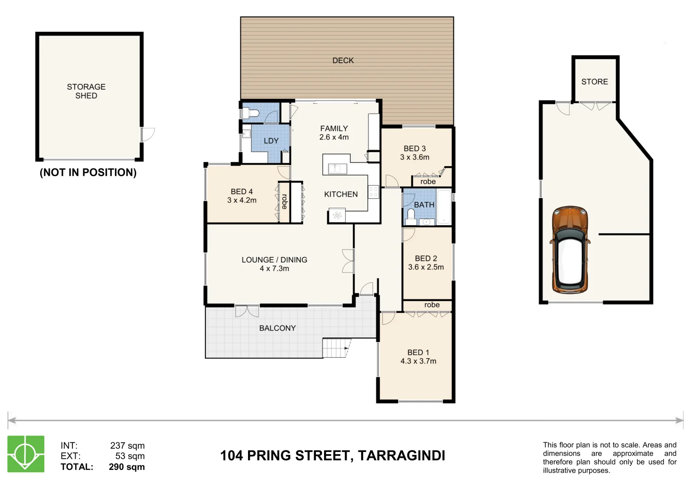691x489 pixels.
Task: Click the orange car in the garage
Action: pyautogui.click(x=570, y=249)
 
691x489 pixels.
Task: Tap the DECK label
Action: pyautogui.click(x=343, y=61)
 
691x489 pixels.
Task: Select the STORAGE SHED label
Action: pyautogui.click(x=86, y=91)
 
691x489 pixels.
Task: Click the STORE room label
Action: pyautogui.click(x=594, y=82)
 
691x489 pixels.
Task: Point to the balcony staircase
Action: pyautogui.click(x=336, y=348)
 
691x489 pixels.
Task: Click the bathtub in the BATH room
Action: pyautogui.click(x=444, y=207)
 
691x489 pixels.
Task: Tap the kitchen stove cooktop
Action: pyautogui.click(x=373, y=192)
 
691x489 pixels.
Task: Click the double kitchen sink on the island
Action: pyautogui.click(x=337, y=169)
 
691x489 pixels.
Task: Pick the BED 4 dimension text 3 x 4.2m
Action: pyautogui.click(x=242, y=200)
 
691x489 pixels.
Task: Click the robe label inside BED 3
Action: pyautogui.click(x=428, y=182)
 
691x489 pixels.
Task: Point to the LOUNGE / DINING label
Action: pyautogui.click(x=274, y=260)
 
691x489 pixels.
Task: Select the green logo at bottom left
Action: pyautogui.click(x=26, y=454)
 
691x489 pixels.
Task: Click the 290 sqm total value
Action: pyautogui.click(x=127, y=467)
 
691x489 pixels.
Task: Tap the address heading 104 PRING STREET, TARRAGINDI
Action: pyautogui.click(x=333, y=455)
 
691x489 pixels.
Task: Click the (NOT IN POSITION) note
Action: pyautogui.click(x=88, y=173)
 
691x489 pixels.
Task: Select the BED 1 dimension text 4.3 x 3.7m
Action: pyautogui.click(x=418, y=361)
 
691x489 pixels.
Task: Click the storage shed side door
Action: pyautogui.click(x=148, y=134)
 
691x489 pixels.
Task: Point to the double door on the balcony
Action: pyautogui.click(x=247, y=311)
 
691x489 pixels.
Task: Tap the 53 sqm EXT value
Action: pyautogui.click(x=130, y=456)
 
